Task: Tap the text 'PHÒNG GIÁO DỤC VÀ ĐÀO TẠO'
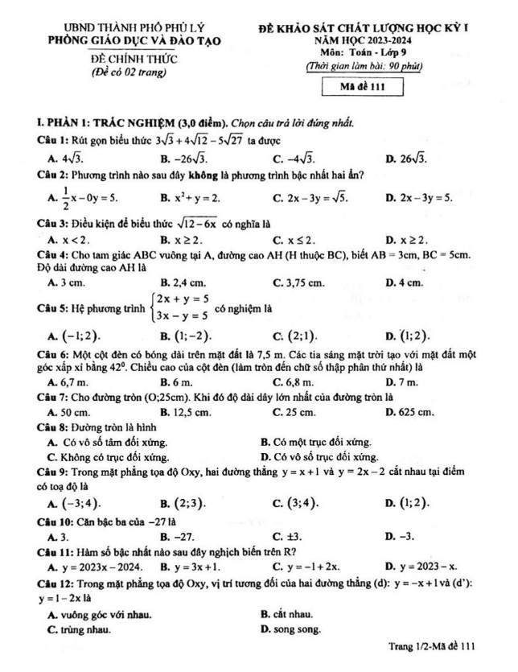134,40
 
